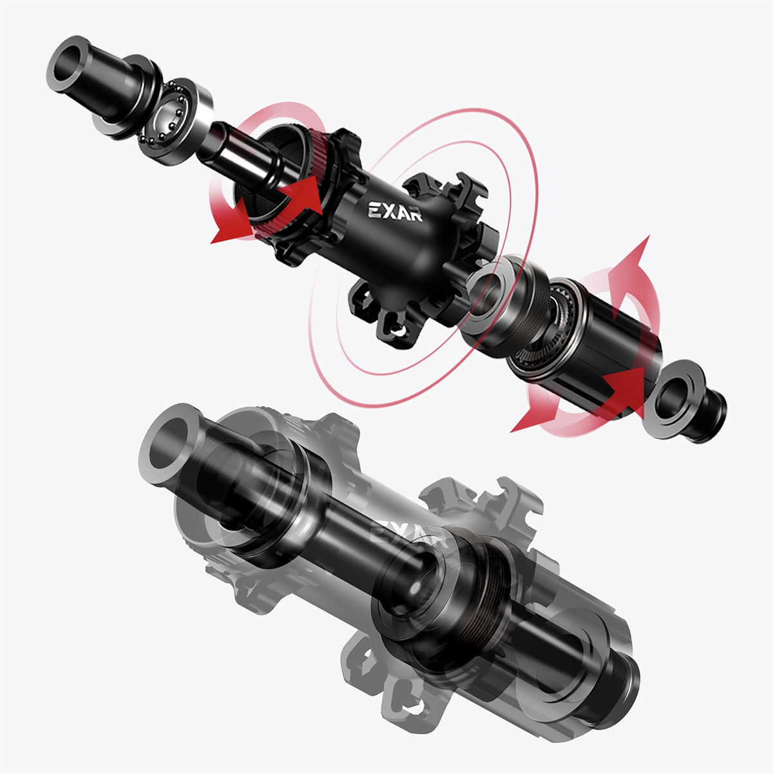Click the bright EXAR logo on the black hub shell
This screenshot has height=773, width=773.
395,211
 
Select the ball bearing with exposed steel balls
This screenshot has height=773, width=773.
175,120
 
